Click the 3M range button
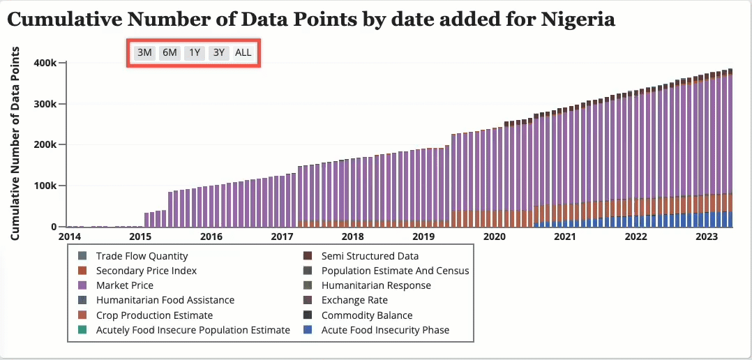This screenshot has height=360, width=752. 144,53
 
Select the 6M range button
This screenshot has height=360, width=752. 170,53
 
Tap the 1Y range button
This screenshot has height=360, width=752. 195,53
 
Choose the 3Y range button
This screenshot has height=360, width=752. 219,53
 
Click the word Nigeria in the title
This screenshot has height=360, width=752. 578,19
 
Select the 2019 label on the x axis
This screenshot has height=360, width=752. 423,237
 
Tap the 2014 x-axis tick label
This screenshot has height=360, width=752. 69,237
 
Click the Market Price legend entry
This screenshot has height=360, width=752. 124,285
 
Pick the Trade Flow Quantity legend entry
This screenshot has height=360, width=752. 142,256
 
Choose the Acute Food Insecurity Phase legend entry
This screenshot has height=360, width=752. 385,329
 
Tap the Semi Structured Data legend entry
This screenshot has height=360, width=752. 370,256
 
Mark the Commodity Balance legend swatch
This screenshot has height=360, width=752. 308,315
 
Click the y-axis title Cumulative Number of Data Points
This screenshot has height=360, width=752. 15,144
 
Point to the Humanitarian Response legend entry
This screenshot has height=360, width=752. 376,285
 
